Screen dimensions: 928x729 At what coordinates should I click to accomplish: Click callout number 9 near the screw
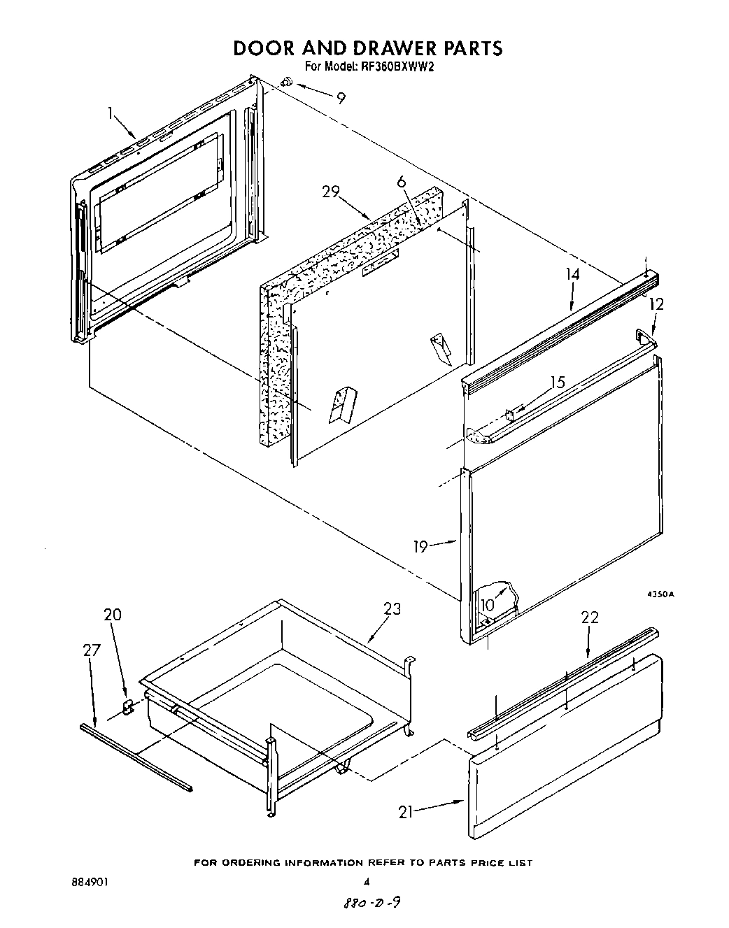point(341,99)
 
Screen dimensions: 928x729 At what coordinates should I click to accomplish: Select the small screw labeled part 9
point(285,83)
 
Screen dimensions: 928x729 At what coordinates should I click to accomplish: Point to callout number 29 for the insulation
point(332,192)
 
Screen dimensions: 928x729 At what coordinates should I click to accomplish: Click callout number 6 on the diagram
point(401,182)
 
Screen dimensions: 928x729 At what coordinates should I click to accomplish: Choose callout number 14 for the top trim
point(572,274)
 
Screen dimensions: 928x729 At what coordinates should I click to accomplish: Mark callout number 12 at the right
point(656,304)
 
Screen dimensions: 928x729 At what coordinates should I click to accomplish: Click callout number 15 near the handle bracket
point(557,383)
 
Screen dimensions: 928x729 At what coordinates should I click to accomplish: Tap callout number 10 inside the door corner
point(488,604)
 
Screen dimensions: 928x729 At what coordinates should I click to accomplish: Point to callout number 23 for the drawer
point(392,608)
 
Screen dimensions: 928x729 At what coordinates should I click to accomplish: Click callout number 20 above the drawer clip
point(113,615)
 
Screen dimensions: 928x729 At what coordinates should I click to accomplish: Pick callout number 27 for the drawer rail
point(92,650)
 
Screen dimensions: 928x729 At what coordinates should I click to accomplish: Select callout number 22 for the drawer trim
point(590,617)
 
